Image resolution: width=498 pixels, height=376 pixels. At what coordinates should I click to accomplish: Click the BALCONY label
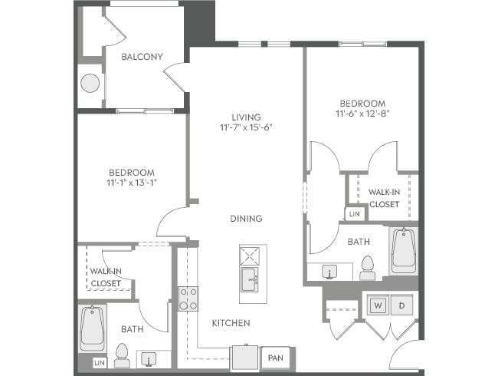click(142, 56)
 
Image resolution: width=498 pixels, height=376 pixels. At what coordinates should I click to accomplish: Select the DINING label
click(246, 219)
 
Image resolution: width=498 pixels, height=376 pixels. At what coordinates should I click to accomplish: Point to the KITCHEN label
click(231, 323)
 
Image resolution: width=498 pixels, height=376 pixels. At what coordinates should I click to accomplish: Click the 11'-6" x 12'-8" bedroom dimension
click(363, 114)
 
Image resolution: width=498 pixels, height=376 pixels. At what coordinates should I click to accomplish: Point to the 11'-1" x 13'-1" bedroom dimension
click(132, 183)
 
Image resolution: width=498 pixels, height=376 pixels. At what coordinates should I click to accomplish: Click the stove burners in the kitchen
click(188, 298)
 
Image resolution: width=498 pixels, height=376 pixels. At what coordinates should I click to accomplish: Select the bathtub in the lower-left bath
click(92, 328)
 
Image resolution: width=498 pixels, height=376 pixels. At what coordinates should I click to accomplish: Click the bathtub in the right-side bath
click(404, 251)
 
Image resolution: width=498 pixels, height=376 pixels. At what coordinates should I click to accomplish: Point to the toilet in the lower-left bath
click(121, 355)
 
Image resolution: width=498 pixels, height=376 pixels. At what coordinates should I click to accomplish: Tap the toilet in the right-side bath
click(366, 266)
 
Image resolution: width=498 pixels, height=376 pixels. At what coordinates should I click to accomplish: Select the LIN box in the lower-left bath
click(99, 361)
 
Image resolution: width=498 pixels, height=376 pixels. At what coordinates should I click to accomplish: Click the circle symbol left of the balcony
click(90, 82)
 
